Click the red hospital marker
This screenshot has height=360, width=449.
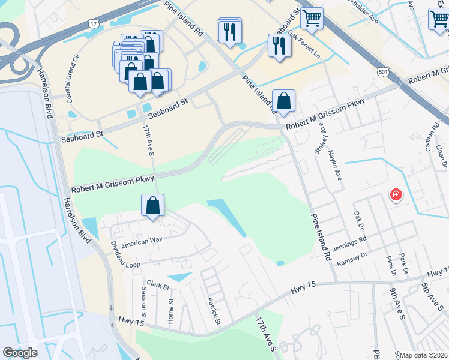pos(396,194)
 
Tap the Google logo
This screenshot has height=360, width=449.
pos(20,353)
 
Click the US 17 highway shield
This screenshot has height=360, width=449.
pos(92,23)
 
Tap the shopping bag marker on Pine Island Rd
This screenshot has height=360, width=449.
pos(283,100)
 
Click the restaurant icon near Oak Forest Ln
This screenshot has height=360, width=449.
pos(277,46)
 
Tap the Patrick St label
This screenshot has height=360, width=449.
pos(214,313)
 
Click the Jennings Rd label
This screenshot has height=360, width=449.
pos(351,241)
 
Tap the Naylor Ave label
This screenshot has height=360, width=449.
pos(337,166)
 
